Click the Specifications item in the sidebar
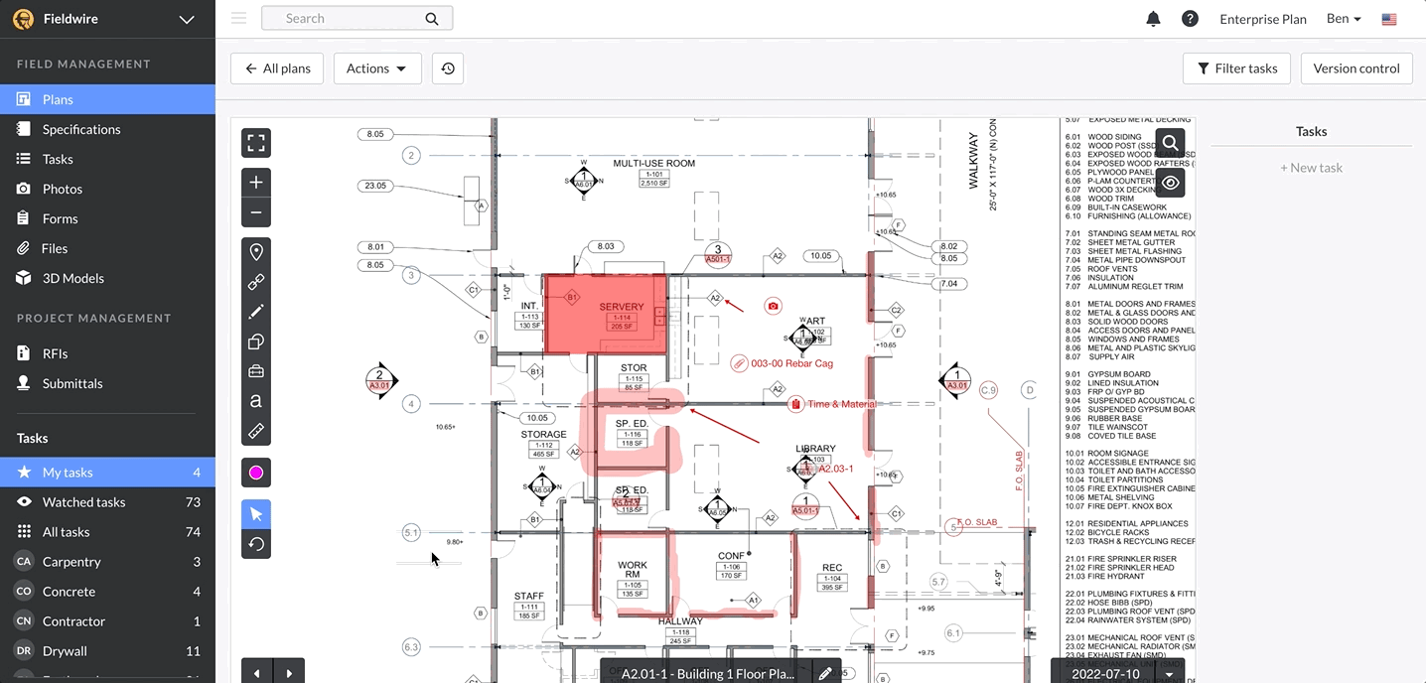81,129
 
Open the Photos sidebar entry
62,189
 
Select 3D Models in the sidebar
72,278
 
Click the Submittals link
72,383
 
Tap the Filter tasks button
1236,68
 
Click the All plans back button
277,68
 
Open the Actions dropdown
376,68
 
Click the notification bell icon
1153,19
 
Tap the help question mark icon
1190,19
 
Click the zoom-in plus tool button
256,183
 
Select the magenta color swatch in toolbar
256,473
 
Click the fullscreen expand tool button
256,143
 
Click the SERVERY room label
622,307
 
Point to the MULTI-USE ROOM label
653,163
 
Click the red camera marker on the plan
773,307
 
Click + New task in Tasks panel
1311,168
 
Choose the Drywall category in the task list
66,651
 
